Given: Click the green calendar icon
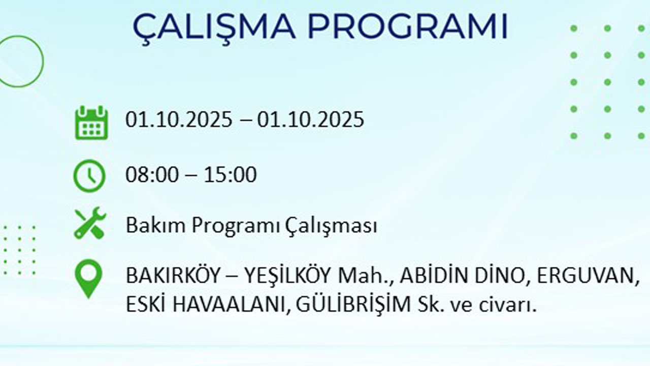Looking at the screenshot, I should click(x=91, y=122).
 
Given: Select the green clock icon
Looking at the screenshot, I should click(x=89, y=176).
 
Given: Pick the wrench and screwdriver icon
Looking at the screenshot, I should click(x=90, y=224).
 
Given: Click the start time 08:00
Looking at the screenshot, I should click(x=152, y=175).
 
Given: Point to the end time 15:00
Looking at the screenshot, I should click(x=230, y=175).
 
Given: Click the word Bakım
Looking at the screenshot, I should click(x=150, y=225).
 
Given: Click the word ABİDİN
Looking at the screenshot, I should click(x=430, y=276).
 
